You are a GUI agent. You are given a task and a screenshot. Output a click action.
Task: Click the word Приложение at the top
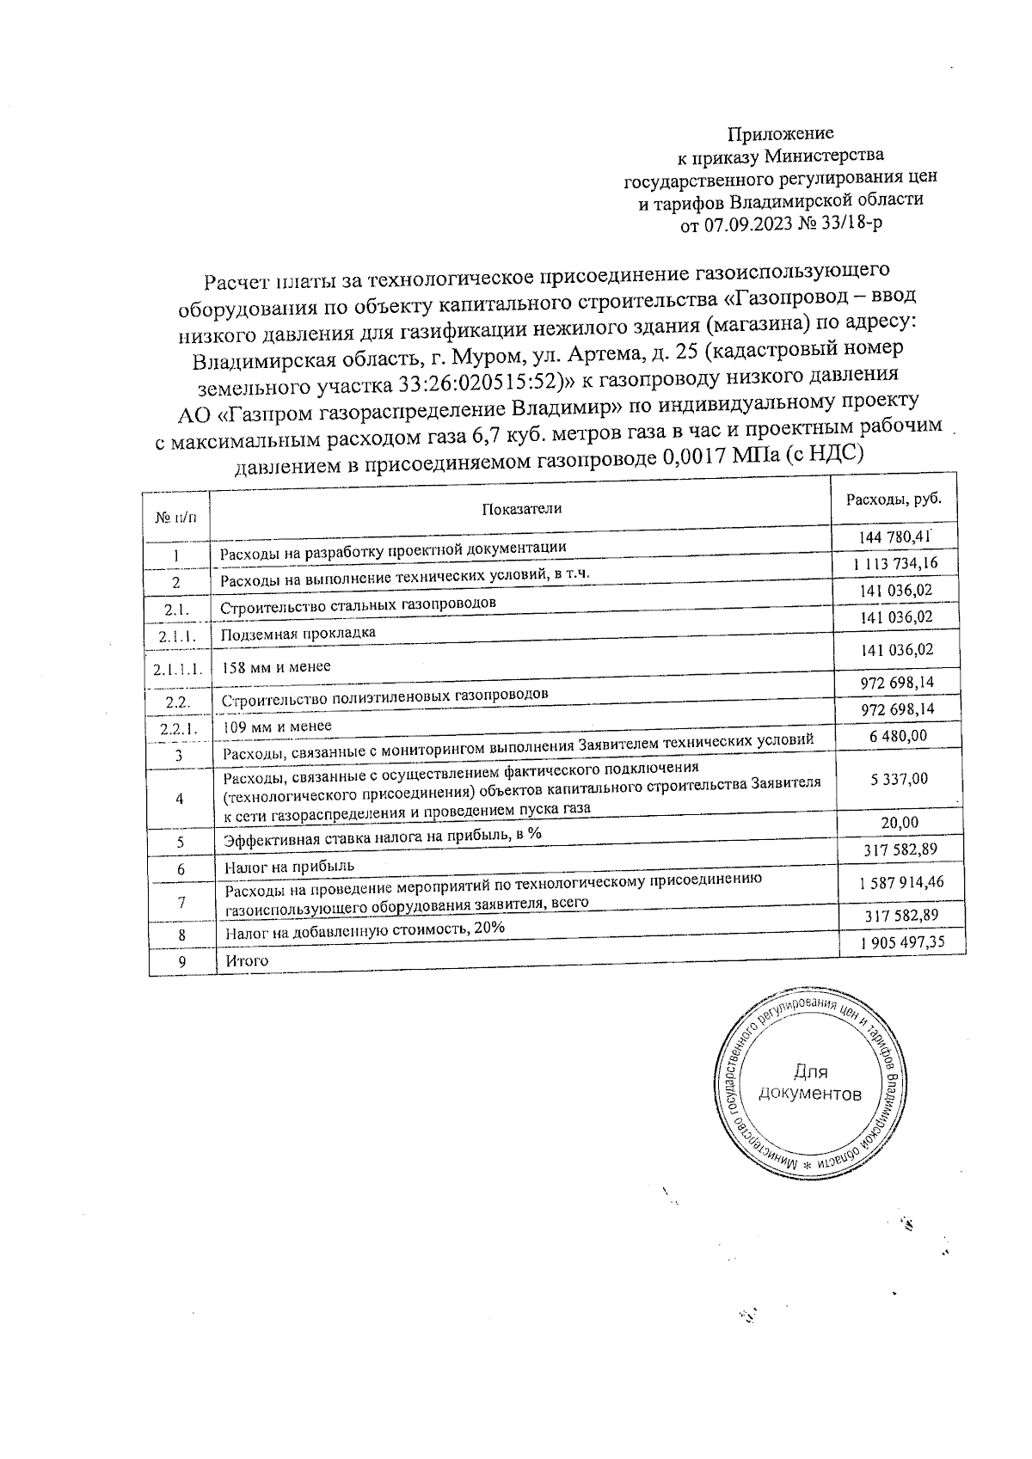coord(780,133)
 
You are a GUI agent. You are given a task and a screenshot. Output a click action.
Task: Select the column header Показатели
coord(521,508)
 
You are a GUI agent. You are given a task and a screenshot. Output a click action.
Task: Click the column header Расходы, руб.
coord(894,500)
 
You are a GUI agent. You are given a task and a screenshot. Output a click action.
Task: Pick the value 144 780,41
coord(895,536)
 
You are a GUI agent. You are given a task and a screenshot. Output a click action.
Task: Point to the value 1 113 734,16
coord(895,563)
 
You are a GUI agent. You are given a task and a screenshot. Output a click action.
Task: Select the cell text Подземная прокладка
coord(298,634)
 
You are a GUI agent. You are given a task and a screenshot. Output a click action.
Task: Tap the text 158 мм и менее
coord(276,666)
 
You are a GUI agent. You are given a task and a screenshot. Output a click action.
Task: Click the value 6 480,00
coord(898,736)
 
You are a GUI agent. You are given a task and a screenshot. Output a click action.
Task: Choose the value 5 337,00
coord(898,779)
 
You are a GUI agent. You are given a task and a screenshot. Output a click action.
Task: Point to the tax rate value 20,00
coord(899,823)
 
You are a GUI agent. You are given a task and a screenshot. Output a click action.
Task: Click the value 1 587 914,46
coord(900,882)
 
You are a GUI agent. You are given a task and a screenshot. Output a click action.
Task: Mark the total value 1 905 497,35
coord(902,942)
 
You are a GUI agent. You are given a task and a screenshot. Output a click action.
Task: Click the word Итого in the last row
coord(247,960)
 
